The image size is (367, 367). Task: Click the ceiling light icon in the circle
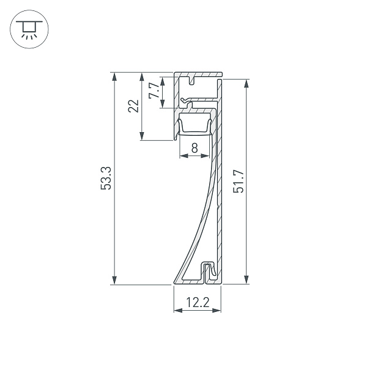26,28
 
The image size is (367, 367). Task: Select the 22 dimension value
134,106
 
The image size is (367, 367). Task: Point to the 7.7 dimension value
154,91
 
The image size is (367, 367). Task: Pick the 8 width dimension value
194,147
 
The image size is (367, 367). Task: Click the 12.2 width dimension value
197,301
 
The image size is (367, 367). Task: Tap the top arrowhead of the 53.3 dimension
114,77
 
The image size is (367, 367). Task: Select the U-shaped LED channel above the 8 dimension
194,127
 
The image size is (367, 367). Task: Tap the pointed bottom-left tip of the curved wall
174,282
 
